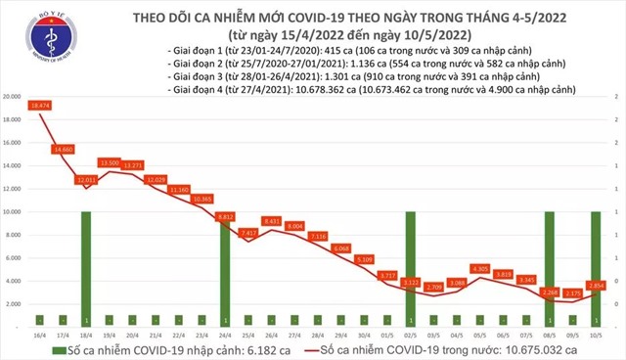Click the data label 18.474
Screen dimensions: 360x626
[40, 104]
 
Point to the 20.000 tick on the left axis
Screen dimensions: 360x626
[14, 97]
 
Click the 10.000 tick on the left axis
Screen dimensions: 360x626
[14, 212]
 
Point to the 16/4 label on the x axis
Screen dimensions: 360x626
[40, 333]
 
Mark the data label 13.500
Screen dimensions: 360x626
[111, 161]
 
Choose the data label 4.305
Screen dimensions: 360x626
[479, 267]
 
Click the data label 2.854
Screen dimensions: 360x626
[597, 285]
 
